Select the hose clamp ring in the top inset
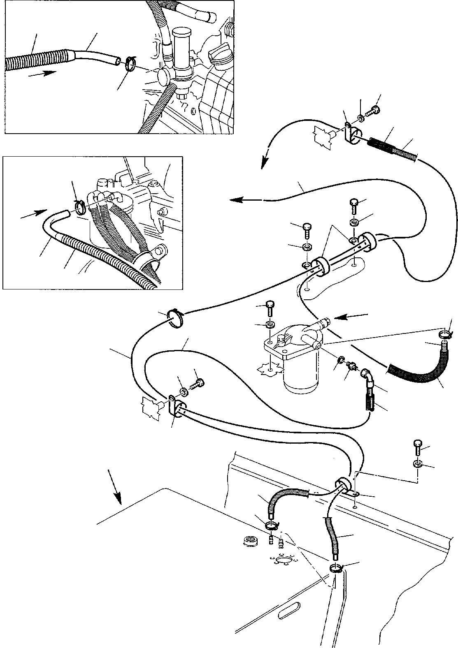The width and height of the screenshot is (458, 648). pyautogui.click(x=131, y=64)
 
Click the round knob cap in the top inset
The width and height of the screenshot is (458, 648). pyautogui.click(x=163, y=76)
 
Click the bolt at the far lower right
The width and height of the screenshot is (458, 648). pyautogui.click(x=417, y=447)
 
